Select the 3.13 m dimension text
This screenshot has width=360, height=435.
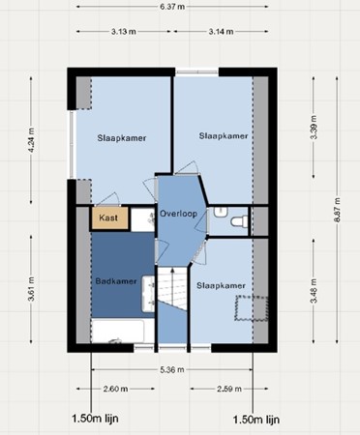(122, 32)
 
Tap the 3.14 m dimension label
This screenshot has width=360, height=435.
(224, 32)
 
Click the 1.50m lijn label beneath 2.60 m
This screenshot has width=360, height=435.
(94, 420)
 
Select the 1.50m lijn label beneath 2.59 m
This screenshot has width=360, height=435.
(257, 420)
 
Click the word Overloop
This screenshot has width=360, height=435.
(180, 213)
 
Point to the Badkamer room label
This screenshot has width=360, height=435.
(116, 281)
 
